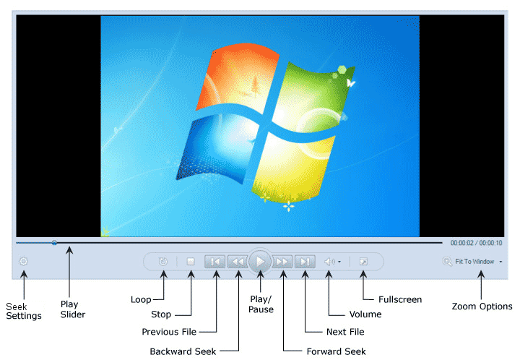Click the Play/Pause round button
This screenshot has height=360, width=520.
[x=260, y=262]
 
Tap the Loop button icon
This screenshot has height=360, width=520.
[x=164, y=262]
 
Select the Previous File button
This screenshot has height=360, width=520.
[x=215, y=262]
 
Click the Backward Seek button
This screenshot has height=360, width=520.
[x=237, y=262]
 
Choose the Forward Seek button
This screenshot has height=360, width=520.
[x=283, y=262]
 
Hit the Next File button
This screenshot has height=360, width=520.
[x=305, y=262]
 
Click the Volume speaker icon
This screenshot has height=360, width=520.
[x=329, y=262]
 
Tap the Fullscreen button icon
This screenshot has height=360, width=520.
[x=363, y=262]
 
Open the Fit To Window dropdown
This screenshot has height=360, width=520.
[x=474, y=262]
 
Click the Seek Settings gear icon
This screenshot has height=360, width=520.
[x=23, y=262]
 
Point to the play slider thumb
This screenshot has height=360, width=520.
[x=54, y=243]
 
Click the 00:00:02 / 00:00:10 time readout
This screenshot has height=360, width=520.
[x=476, y=243]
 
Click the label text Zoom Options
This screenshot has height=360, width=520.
[x=482, y=307]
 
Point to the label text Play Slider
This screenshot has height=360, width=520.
[x=72, y=309]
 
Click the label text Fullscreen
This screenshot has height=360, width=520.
[x=400, y=299]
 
